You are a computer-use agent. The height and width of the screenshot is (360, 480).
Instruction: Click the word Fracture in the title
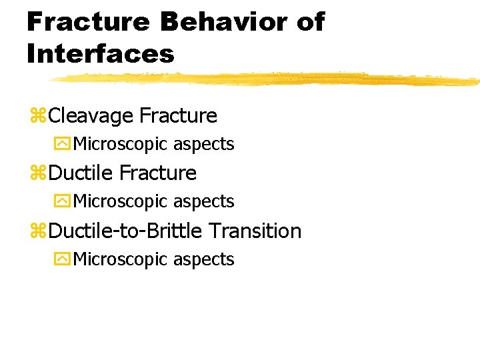(x=88, y=22)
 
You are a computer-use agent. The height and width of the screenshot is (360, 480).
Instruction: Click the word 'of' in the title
(x=309, y=22)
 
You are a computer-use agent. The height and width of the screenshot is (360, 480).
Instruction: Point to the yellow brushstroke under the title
(x=267, y=79)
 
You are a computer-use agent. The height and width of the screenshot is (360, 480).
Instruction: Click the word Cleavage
(x=91, y=116)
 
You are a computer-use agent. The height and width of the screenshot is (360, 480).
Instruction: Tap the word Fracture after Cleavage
(x=178, y=116)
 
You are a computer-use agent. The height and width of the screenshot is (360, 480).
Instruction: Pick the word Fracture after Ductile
(x=157, y=173)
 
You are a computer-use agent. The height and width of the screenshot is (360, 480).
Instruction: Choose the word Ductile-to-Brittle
(x=126, y=231)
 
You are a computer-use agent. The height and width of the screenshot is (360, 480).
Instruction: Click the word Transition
(x=255, y=231)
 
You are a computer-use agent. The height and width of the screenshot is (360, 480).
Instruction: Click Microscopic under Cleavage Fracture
(x=121, y=144)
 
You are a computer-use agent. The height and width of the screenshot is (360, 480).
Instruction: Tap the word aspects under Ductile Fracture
(x=204, y=201)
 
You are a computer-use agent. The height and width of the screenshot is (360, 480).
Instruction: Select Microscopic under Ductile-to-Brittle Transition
(x=121, y=259)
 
